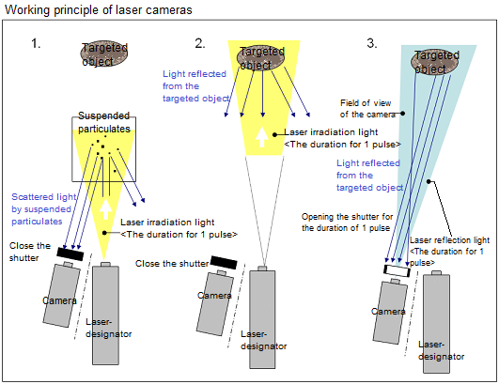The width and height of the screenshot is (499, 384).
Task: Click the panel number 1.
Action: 36,43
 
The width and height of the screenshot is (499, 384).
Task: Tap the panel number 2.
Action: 200,43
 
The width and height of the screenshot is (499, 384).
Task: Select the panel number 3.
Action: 372,43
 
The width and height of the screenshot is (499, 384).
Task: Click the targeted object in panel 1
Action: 104,54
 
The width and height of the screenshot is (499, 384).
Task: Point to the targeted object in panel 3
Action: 435,62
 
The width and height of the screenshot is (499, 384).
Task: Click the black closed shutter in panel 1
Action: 70,253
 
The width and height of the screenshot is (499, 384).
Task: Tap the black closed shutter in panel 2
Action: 224,262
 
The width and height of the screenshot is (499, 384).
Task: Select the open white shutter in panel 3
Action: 397,270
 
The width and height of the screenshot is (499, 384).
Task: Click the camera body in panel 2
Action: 215,303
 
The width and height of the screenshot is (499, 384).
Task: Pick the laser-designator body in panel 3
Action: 436,322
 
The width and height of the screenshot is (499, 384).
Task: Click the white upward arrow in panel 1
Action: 105,209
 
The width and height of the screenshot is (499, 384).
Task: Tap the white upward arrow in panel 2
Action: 262,137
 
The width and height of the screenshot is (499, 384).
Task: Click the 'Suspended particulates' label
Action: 104,122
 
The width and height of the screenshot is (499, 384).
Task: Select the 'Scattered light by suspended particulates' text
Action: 43,208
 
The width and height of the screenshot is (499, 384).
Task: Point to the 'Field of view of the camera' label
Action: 367,108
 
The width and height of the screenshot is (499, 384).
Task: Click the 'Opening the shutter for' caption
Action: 347,217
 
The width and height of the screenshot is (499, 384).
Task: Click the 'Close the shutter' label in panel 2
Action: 172,264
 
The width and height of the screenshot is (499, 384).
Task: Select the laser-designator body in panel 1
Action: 105,314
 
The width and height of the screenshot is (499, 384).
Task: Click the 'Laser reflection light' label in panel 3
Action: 450,240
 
